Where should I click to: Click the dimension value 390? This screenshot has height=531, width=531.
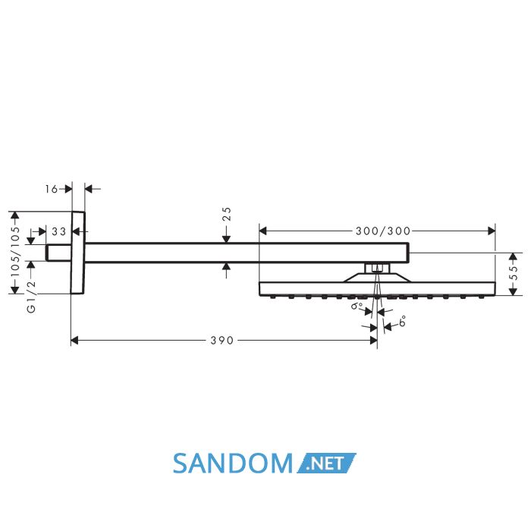(222, 341)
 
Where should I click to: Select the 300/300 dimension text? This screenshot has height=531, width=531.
(383, 231)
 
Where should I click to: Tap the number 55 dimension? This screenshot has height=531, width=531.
(514, 272)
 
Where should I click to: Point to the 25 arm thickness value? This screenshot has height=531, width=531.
(227, 214)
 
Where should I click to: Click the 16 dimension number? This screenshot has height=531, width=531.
(52, 189)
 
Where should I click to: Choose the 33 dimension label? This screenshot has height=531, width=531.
(59, 231)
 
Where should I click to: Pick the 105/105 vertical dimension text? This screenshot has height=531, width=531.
(15, 252)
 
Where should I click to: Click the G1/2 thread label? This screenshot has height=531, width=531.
(31, 297)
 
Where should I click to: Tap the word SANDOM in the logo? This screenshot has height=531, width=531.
(233, 463)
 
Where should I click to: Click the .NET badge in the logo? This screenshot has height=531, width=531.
(327, 463)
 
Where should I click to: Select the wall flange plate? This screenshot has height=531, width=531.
(78, 253)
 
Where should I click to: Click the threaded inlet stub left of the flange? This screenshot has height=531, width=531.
(58, 253)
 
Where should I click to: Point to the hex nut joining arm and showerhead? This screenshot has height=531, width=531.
(376, 269)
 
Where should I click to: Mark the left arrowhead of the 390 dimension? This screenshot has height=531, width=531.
(74, 341)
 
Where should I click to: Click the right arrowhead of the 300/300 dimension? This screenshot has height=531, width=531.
(492, 231)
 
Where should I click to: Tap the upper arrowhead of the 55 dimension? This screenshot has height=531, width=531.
(514, 256)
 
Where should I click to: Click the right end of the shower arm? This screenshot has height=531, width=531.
(409, 253)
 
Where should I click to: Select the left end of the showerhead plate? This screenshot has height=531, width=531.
(259, 289)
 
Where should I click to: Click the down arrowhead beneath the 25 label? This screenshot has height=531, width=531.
(227, 239)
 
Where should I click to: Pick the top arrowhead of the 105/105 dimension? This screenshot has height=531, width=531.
(15, 215)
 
